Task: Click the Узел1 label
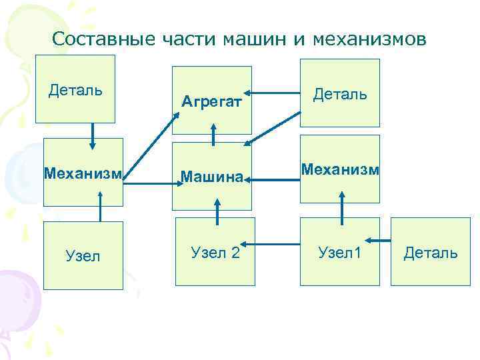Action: coord(340,252)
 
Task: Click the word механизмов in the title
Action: coord(369,39)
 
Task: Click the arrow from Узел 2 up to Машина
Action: coord(216,213)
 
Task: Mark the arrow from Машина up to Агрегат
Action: coord(213,133)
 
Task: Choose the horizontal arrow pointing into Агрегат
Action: coord(275,93)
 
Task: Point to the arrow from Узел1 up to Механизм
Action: coord(341,209)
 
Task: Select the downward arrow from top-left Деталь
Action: coord(93,135)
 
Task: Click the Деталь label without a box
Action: coord(431,253)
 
